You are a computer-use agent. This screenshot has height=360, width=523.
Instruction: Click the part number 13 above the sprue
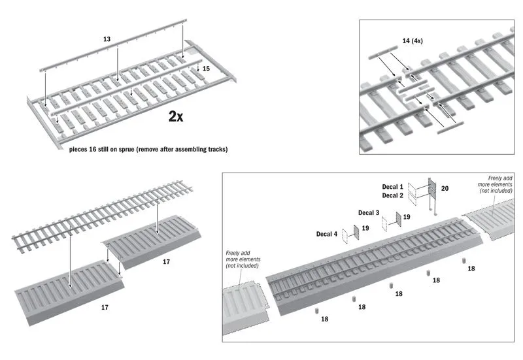pyautogui.click(x=107, y=39)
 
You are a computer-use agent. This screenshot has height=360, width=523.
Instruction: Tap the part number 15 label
pyautogui.click(x=206, y=67)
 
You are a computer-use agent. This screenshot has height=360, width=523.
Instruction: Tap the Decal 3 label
pyautogui.click(x=369, y=213)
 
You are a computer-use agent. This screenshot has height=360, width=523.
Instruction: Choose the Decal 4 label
pyautogui.click(x=328, y=233)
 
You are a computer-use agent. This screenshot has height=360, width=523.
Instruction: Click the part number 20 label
pyautogui.click(x=445, y=188)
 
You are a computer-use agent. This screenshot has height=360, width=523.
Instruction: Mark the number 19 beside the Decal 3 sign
pyautogui.click(x=407, y=216)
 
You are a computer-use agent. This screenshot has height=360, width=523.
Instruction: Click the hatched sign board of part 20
pyautogui.click(x=431, y=189)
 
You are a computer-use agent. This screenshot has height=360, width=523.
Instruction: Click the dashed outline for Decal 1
pyautogui.click(x=413, y=187)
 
